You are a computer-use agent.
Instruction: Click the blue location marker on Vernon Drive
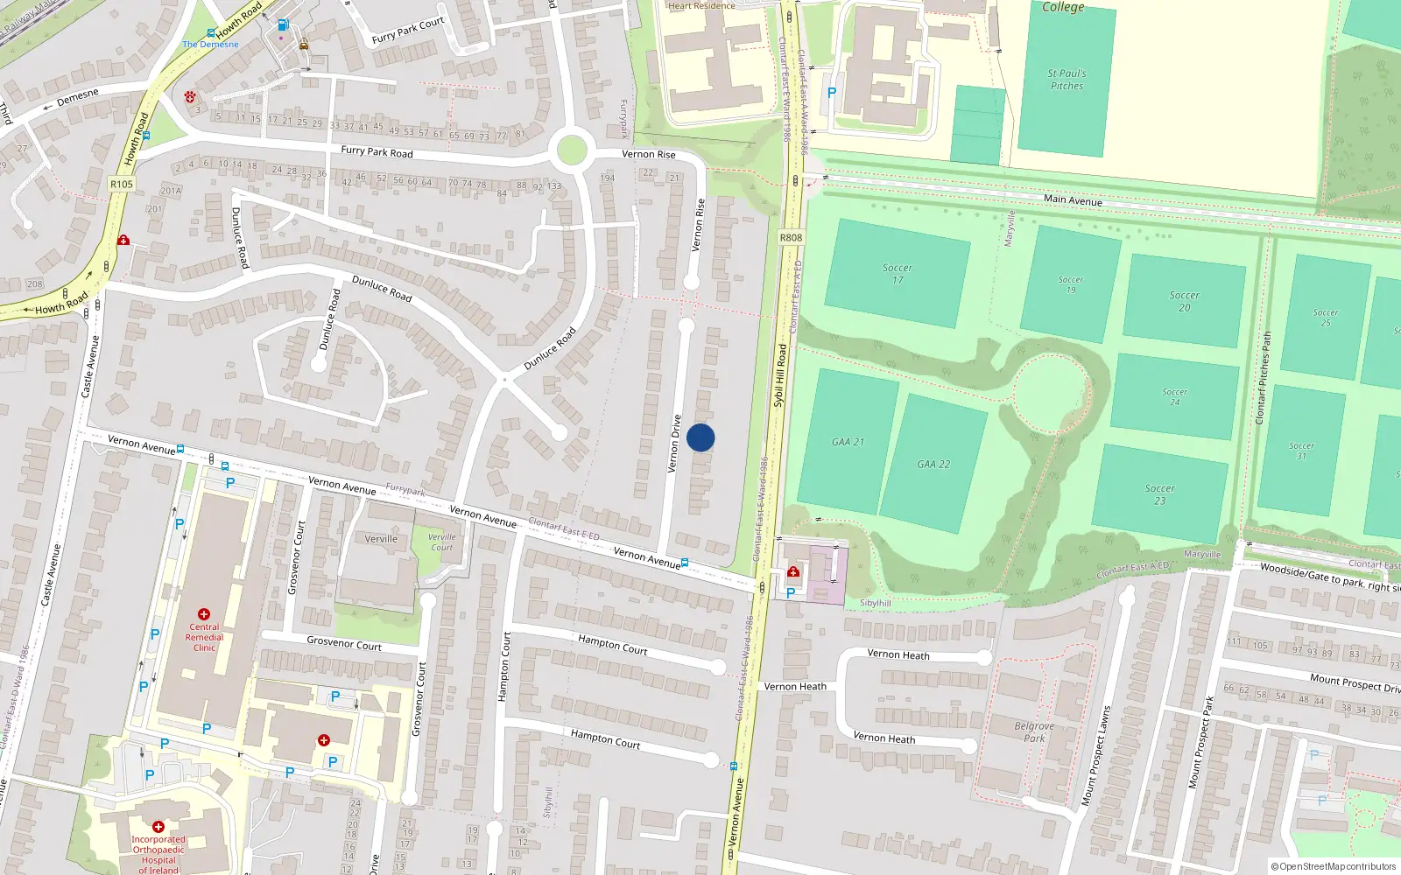click(x=700, y=437)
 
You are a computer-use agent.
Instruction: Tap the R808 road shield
click(x=791, y=237)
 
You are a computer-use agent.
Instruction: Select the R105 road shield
click(x=122, y=184)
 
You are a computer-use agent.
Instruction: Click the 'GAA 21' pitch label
click(x=848, y=442)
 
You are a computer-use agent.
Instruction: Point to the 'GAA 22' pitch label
click(x=933, y=465)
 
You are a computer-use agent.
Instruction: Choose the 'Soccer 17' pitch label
click(x=898, y=274)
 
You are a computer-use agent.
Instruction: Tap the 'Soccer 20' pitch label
click(x=1184, y=301)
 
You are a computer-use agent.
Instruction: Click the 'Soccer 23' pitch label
click(x=1159, y=494)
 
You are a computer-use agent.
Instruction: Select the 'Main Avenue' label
click(x=1073, y=200)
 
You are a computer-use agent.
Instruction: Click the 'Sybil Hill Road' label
click(x=779, y=375)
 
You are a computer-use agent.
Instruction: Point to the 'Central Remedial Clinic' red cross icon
click(x=204, y=614)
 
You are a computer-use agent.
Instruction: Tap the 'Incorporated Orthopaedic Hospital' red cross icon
click(x=158, y=826)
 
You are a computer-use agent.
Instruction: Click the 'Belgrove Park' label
click(x=1034, y=731)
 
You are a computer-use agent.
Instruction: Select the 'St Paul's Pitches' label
click(x=1067, y=80)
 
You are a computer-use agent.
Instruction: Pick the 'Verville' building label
click(x=381, y=539)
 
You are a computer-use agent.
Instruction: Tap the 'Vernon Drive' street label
click(x=674, y=444)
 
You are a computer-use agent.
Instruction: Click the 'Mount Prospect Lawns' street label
click(x=1095, y=755)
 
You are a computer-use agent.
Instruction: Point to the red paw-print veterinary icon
click(x=190, y=96)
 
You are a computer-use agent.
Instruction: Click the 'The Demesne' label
click(x=210, y=44)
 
